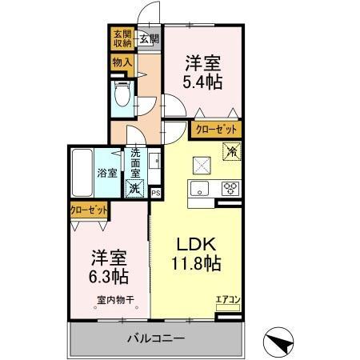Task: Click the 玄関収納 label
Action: click(121, 38)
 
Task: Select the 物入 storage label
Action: click(121, 62)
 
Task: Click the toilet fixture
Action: click(122, 95)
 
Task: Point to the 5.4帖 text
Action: click(202, 81)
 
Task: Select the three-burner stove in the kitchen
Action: click(230, 189)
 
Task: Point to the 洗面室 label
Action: click(136, 163)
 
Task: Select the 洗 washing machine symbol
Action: click(135, 190)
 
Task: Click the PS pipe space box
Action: click(155, 192)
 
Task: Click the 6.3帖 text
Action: click(108, 278)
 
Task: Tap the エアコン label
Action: click(228, 300)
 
